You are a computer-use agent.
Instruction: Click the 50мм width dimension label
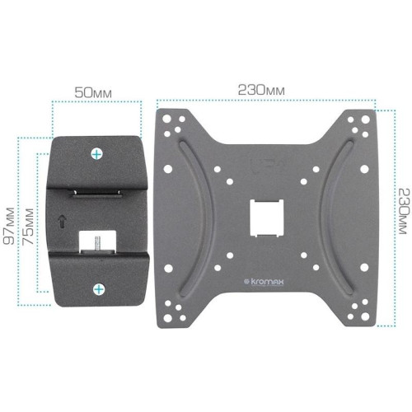93,92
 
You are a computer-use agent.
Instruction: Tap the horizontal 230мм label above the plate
261,90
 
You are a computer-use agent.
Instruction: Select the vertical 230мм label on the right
405,211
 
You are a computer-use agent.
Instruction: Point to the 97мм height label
9,226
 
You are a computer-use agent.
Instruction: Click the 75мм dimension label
28,227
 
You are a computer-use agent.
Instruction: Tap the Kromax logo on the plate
264,282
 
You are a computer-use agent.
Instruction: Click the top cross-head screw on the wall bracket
96,154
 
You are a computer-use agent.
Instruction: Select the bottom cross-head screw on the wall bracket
99,289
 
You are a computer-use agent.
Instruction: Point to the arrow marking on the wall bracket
62,222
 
